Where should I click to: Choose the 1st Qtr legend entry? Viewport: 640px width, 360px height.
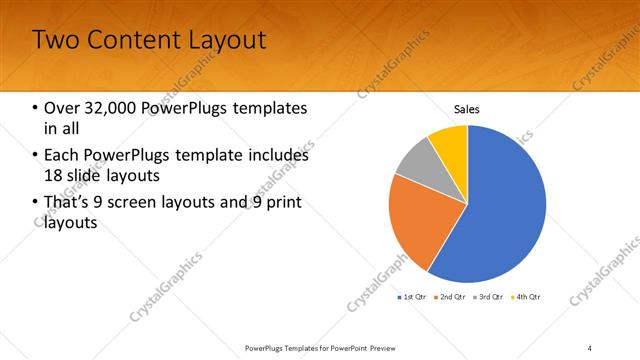click(x=414, y=297)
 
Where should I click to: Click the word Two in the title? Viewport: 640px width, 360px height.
click(x=55, y=40)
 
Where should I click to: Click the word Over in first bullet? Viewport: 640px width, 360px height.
click(x=62, y=108)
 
